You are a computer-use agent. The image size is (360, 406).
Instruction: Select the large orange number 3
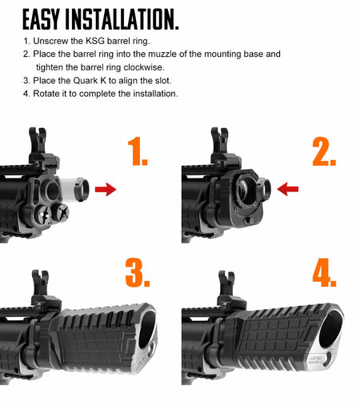137,272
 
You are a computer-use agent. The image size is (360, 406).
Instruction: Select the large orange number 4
324,272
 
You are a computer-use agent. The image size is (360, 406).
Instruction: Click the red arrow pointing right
105,189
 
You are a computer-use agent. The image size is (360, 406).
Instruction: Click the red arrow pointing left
287,189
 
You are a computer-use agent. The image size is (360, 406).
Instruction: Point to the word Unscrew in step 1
50,40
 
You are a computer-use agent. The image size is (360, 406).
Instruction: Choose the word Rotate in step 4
49,94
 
